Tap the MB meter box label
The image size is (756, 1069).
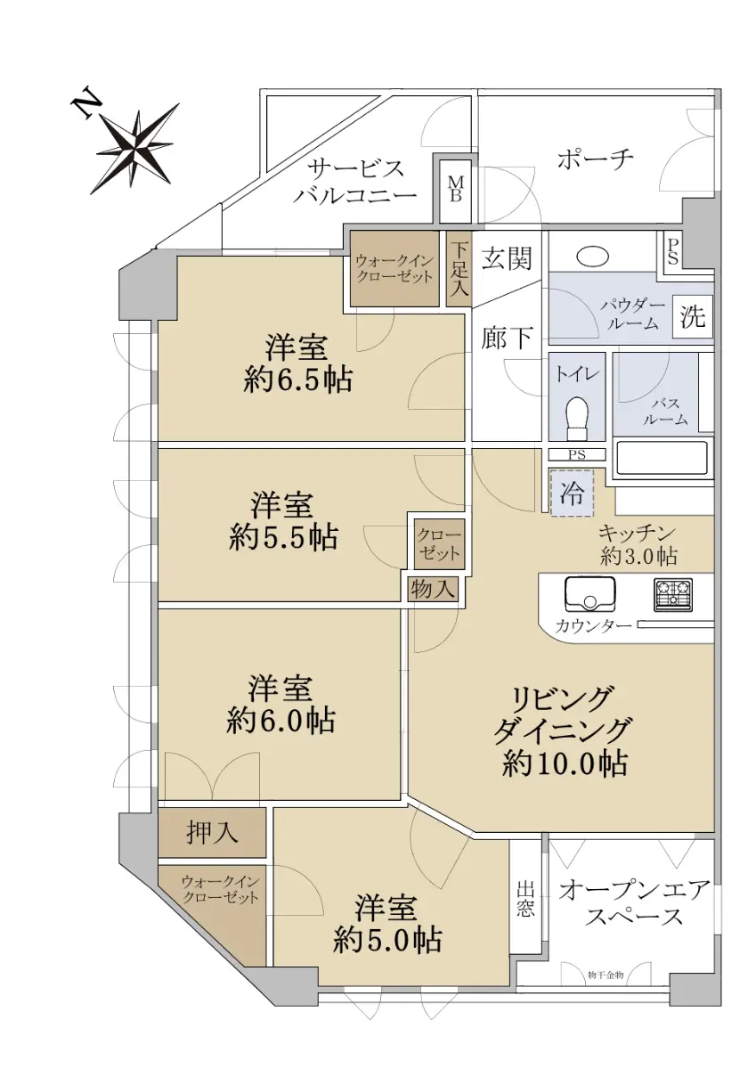point(455,189)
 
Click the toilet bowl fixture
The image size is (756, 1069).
point(577,419)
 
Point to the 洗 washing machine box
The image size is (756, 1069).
point(692,315)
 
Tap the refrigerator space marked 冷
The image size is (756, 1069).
point(572,493)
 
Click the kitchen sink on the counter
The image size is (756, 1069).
point(589,595)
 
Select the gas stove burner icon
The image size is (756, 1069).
point(673,595)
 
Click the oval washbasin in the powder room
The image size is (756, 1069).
point(593,257)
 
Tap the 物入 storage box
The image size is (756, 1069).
point(432,589)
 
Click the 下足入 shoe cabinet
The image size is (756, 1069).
point(459,269)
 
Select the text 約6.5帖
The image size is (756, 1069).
point(297,380)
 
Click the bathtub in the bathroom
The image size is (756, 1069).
point(663,458)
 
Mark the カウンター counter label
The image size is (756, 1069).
point(593,625)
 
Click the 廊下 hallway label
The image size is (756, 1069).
point(506,338)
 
